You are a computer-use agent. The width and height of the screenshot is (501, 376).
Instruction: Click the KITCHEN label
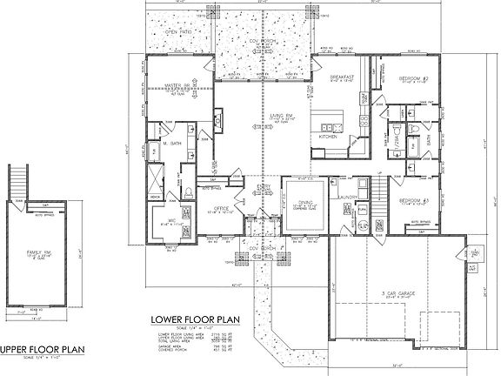click(x=328, y=137)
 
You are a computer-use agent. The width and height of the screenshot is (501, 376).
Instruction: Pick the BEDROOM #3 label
click(x=416, y=200)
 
